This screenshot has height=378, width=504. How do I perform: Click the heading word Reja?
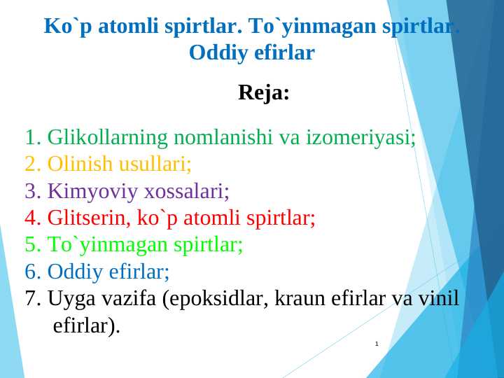point(263,92)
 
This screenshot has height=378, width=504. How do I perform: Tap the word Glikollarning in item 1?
point(107,137)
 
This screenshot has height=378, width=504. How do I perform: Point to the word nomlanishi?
point(223,137)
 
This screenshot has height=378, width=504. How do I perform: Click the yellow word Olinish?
point(80,164)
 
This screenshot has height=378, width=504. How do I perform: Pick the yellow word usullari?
point(155,164)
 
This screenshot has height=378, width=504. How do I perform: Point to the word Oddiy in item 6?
point(74,272)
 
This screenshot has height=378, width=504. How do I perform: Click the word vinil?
point(438,298)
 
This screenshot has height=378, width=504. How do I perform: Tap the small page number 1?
point(377,344)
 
